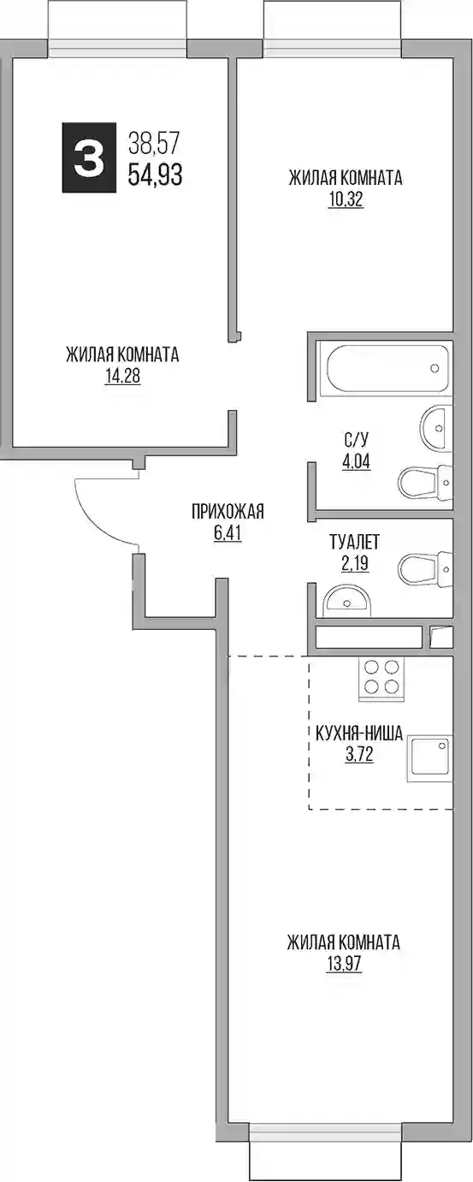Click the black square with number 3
[x=89, y=157]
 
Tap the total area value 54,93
[x=155, y=174]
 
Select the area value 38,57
[x=154, y=142]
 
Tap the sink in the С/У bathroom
[x=435, y=429]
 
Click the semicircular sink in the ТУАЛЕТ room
[x=346, y=602]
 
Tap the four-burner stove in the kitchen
[x=381, y=678]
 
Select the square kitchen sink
[x=429, y=757]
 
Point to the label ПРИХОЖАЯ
[x=228, y=511]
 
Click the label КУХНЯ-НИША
[x=358, y=733]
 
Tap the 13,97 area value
[x=344, y=964]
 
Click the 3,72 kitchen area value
[x=358, y=755]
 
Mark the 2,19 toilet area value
[x=354, y=564]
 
